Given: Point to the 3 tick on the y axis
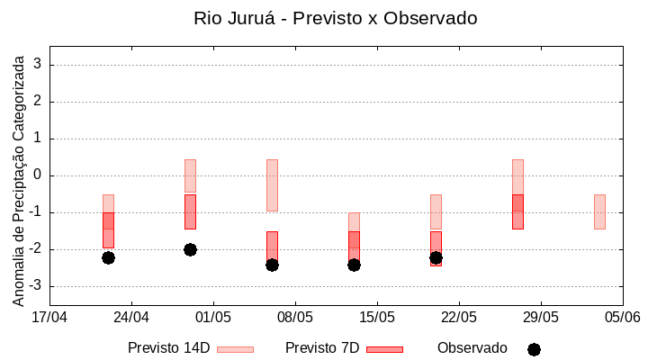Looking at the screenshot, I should tap(39, 65).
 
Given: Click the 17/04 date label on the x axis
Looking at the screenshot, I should tap(49, 317).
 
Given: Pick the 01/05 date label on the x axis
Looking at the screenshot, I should tap(213, 317).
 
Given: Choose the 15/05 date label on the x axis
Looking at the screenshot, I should tap(377, 317).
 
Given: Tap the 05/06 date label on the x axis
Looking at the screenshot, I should tap(622, 317).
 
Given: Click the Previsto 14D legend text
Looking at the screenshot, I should tap(168, 348).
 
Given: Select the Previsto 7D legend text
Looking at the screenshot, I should tap(321, 348).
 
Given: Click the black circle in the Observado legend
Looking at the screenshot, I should tap(534, 349).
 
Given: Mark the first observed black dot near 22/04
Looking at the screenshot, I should tap(108, 257).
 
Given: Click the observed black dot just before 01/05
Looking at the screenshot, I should tap(190, 249).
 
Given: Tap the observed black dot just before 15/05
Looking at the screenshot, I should tap(354, 265).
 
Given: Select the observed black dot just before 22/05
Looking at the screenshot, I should tap(436, 257).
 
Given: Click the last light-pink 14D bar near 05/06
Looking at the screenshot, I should tap(599, 211).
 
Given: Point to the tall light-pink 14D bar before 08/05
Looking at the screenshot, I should tap(272, 184).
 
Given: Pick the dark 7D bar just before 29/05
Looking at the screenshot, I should tap(517, 211).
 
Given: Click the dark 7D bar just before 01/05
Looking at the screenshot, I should tap(190, 211).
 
